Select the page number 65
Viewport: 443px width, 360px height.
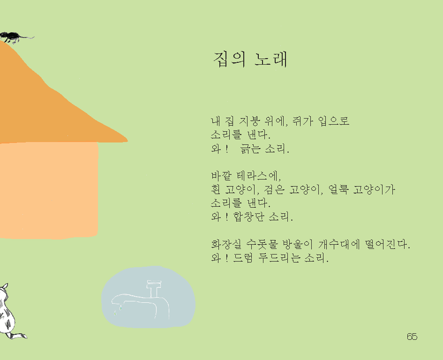[x=412, y=337]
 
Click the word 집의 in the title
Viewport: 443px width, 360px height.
[x=229, y=60]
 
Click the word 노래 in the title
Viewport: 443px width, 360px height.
[x=270, y=60]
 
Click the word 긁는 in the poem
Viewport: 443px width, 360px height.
[x=250, y=149]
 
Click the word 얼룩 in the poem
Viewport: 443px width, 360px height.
[x=338, y=189]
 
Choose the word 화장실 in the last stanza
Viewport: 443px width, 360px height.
[x=226, y=244]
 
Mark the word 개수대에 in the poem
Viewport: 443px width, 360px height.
[x=339, y=244]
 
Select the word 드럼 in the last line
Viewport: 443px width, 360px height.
[x=243, y=258]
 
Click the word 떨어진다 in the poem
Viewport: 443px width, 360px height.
[x=387, y=244]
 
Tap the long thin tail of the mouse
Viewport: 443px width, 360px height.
[x=27, y=37]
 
